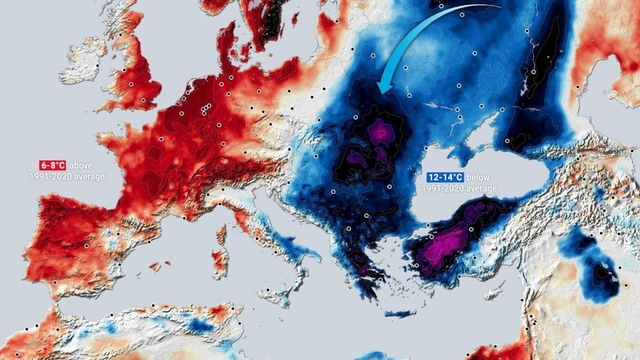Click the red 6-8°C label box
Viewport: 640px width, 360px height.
pos(54,165)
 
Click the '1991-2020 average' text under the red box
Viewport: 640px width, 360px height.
pos(65,177)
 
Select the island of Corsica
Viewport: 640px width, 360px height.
pos(225,227)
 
